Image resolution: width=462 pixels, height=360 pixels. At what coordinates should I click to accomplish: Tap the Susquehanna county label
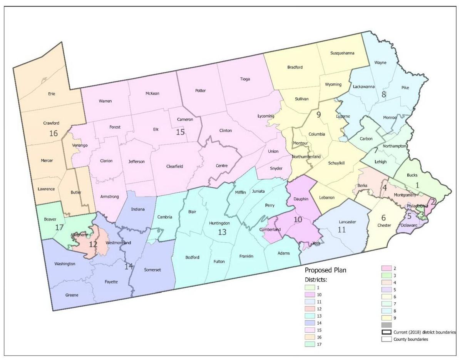342,53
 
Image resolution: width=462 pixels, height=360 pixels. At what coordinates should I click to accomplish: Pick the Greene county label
72,295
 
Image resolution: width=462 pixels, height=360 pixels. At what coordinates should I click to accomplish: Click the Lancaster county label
348,222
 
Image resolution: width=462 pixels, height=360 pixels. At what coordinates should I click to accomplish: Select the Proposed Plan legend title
325,270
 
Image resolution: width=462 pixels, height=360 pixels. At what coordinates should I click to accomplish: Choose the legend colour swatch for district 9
386,317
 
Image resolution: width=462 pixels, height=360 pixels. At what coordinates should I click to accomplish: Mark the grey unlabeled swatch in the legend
386,325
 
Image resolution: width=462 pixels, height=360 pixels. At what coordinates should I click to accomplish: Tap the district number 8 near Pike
383,94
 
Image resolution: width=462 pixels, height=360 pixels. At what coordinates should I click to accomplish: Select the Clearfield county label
174,167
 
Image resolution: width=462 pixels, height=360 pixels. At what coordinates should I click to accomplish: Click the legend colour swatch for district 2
386,268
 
